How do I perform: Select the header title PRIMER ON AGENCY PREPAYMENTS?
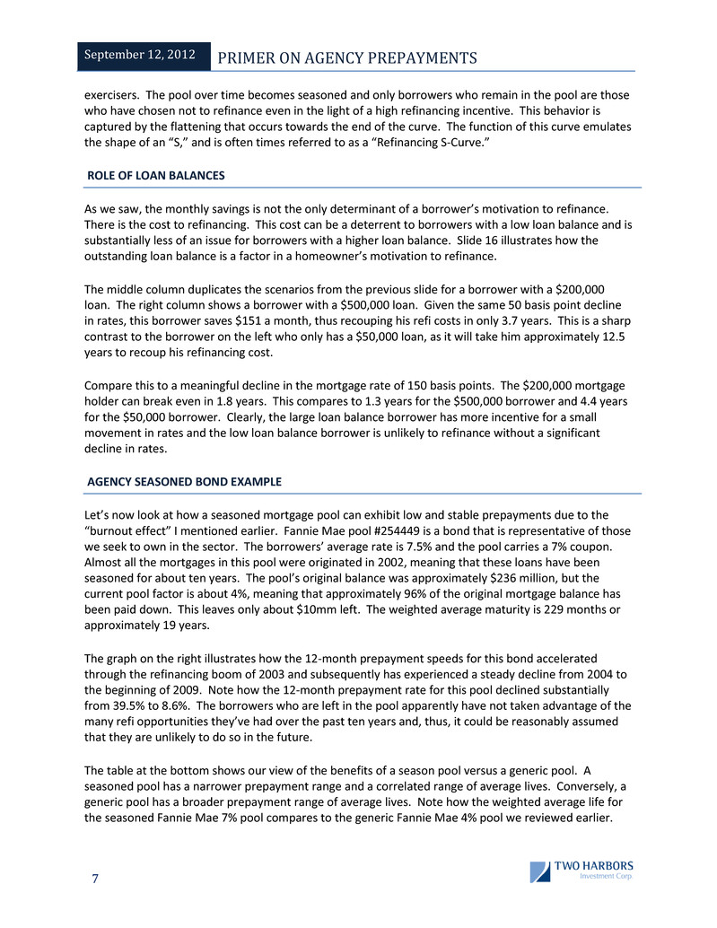click(348, 58)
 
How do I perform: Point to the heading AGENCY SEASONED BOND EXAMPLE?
click(184, 482)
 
